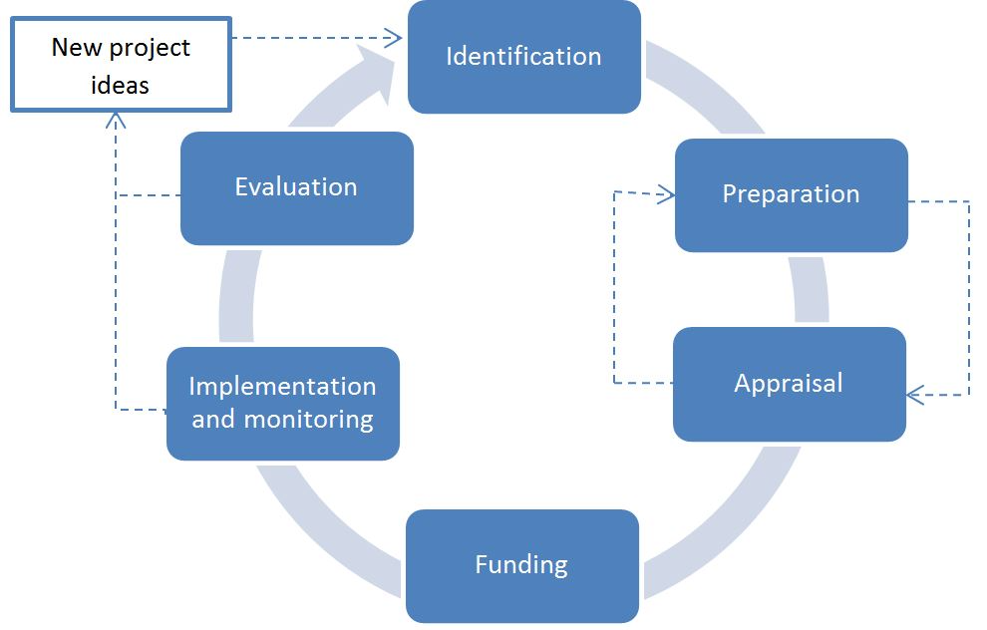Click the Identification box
pyautogui.click(x=524, y=57)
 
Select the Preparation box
pyautogui.click(x=792, y=195)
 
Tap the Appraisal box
pyautogui.click(x=790, y=384)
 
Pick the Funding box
pyautogui.click(x=522, y=566)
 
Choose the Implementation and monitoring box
pyautogui.click(x=283, y=404)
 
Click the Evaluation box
pyautogui.click(x=297, y=188)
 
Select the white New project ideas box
pyautogui.click(x=121, y=65)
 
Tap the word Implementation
pyautogui.click(x=282, y=387)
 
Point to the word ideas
pyautogui.click(x=121, y=85)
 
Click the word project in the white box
pyautogui.click(x=150, y=49)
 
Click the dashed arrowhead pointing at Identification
pyautogui.click(x=394, y=38)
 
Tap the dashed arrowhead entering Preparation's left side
pyautogui.click(x=667, y=193)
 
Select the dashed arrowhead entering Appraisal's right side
pyautogui.click(x=915, y=395)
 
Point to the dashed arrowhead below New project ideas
pyautogui.click(x=116, y=121)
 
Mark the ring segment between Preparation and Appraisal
pyautogui.click(x=810, y=289)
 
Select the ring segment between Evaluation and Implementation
pyautogui.click(x=238, y=296)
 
